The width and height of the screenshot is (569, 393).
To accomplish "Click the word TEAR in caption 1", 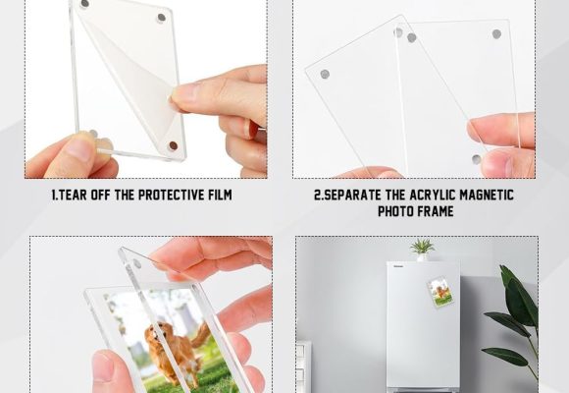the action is pos(73,195).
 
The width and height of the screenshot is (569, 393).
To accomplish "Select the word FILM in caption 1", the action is pos(221,195).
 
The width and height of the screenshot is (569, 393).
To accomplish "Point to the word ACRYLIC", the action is pos(433,195).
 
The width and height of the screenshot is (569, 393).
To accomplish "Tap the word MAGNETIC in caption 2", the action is pos(487,195).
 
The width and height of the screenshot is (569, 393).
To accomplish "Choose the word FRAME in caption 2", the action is pos(436,211).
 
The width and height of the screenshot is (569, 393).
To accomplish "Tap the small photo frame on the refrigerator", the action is pos(440,292).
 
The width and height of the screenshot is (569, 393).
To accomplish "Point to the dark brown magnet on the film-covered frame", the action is pos(174,145).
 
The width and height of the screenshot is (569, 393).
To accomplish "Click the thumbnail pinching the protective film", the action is pos(181,92).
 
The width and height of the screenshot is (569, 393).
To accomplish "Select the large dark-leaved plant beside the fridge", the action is pos(515,320).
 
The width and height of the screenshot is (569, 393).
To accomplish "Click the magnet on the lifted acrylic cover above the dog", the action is pos(136,263).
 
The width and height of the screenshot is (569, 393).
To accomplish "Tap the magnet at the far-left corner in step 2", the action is pos(325,75).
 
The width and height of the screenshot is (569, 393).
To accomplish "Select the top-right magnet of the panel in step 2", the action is pos(496,34).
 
